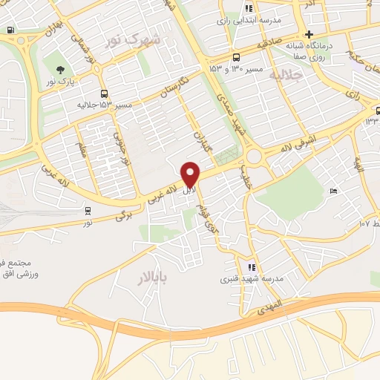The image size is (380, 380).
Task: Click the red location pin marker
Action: coord(191,174)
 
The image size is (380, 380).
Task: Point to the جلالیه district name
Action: coord(286,75)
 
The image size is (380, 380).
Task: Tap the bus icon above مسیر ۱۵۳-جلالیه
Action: coord(104,94)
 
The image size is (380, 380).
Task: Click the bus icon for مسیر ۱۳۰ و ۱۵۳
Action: coord(236,57)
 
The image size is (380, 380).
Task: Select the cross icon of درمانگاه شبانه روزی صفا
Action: coord(309,34)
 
